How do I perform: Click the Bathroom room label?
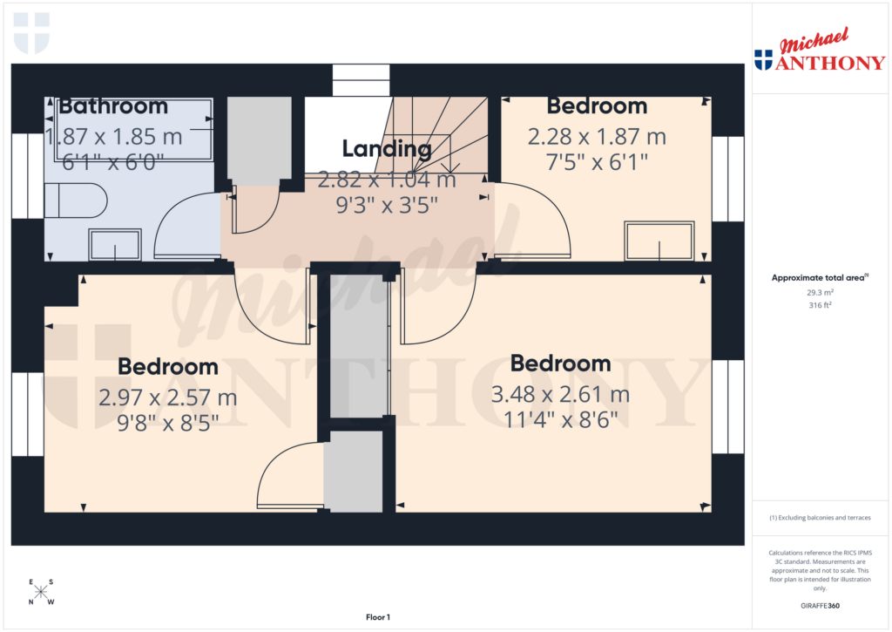(112, 106)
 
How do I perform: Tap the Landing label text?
(387, 149)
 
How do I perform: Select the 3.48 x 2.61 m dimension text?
(560, 394)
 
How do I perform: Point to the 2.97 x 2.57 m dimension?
(167, 398)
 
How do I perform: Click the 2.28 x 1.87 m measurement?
(597, 137)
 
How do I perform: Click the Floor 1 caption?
(377, 617)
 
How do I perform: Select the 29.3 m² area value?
(819, 294)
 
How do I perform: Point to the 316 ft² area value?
(819, 305)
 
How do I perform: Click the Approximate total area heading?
(817, 278)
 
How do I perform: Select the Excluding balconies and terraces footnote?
(819, 518)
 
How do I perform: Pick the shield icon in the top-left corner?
(32, 32)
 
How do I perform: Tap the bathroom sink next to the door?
(115, 245)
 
